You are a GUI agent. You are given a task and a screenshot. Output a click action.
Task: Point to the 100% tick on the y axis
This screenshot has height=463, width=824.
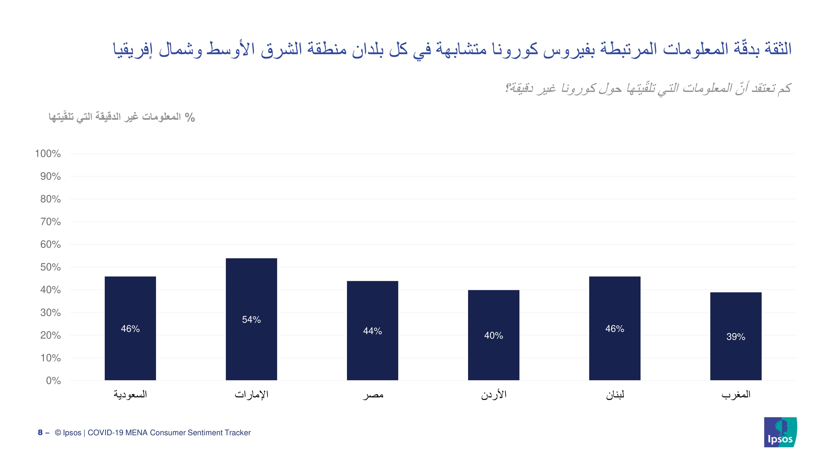click(48, 154)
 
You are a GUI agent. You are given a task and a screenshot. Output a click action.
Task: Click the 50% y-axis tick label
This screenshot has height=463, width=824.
click(50, 267)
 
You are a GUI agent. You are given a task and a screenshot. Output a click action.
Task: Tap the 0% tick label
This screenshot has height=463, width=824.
click(53, 381)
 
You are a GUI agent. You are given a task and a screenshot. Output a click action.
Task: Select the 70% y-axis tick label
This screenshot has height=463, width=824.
click(50, 222)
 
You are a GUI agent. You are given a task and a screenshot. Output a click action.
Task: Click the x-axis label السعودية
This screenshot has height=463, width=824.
click(130, 394)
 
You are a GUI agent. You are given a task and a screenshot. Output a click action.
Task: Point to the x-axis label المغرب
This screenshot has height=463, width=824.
click(736, 394)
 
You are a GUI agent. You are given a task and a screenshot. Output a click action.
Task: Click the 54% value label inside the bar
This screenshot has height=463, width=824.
click(251, 319)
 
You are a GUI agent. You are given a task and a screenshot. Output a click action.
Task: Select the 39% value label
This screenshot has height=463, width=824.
click(736, 336)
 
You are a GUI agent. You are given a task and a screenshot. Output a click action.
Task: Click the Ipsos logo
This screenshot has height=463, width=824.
click(780, 432)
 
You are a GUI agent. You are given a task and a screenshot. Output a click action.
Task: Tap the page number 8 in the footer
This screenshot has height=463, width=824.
click(40, 432)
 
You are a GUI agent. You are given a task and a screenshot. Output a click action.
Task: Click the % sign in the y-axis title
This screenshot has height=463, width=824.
click(190, 118)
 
